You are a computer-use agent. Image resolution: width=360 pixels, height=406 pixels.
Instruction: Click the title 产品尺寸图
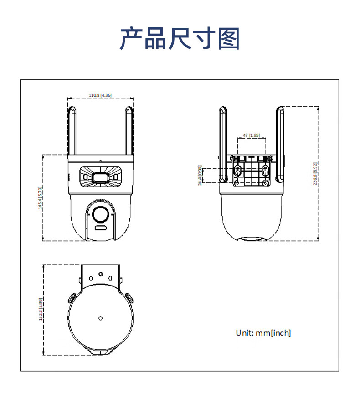[x=180, y=38]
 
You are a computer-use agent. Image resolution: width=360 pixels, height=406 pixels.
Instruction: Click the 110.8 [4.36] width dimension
[x=100, y=95]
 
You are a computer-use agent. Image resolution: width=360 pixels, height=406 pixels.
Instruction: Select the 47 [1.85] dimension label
[x=251, y=135]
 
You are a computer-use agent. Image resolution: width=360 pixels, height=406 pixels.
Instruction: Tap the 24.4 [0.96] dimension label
[x=200, y=175]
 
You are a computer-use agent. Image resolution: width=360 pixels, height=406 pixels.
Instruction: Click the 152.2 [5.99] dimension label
[x=40, y=309]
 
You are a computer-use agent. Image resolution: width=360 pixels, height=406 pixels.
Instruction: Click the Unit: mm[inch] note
[x=263, y=333]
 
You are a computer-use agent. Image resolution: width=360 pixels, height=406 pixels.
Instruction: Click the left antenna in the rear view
[x=223, y=141]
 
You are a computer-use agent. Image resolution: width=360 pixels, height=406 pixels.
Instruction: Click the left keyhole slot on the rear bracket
[x=237, y=171]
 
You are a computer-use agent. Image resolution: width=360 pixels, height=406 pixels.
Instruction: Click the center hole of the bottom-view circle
[x=100, y=318]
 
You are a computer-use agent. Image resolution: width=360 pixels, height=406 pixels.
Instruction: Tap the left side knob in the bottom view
[x=72, y=297]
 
